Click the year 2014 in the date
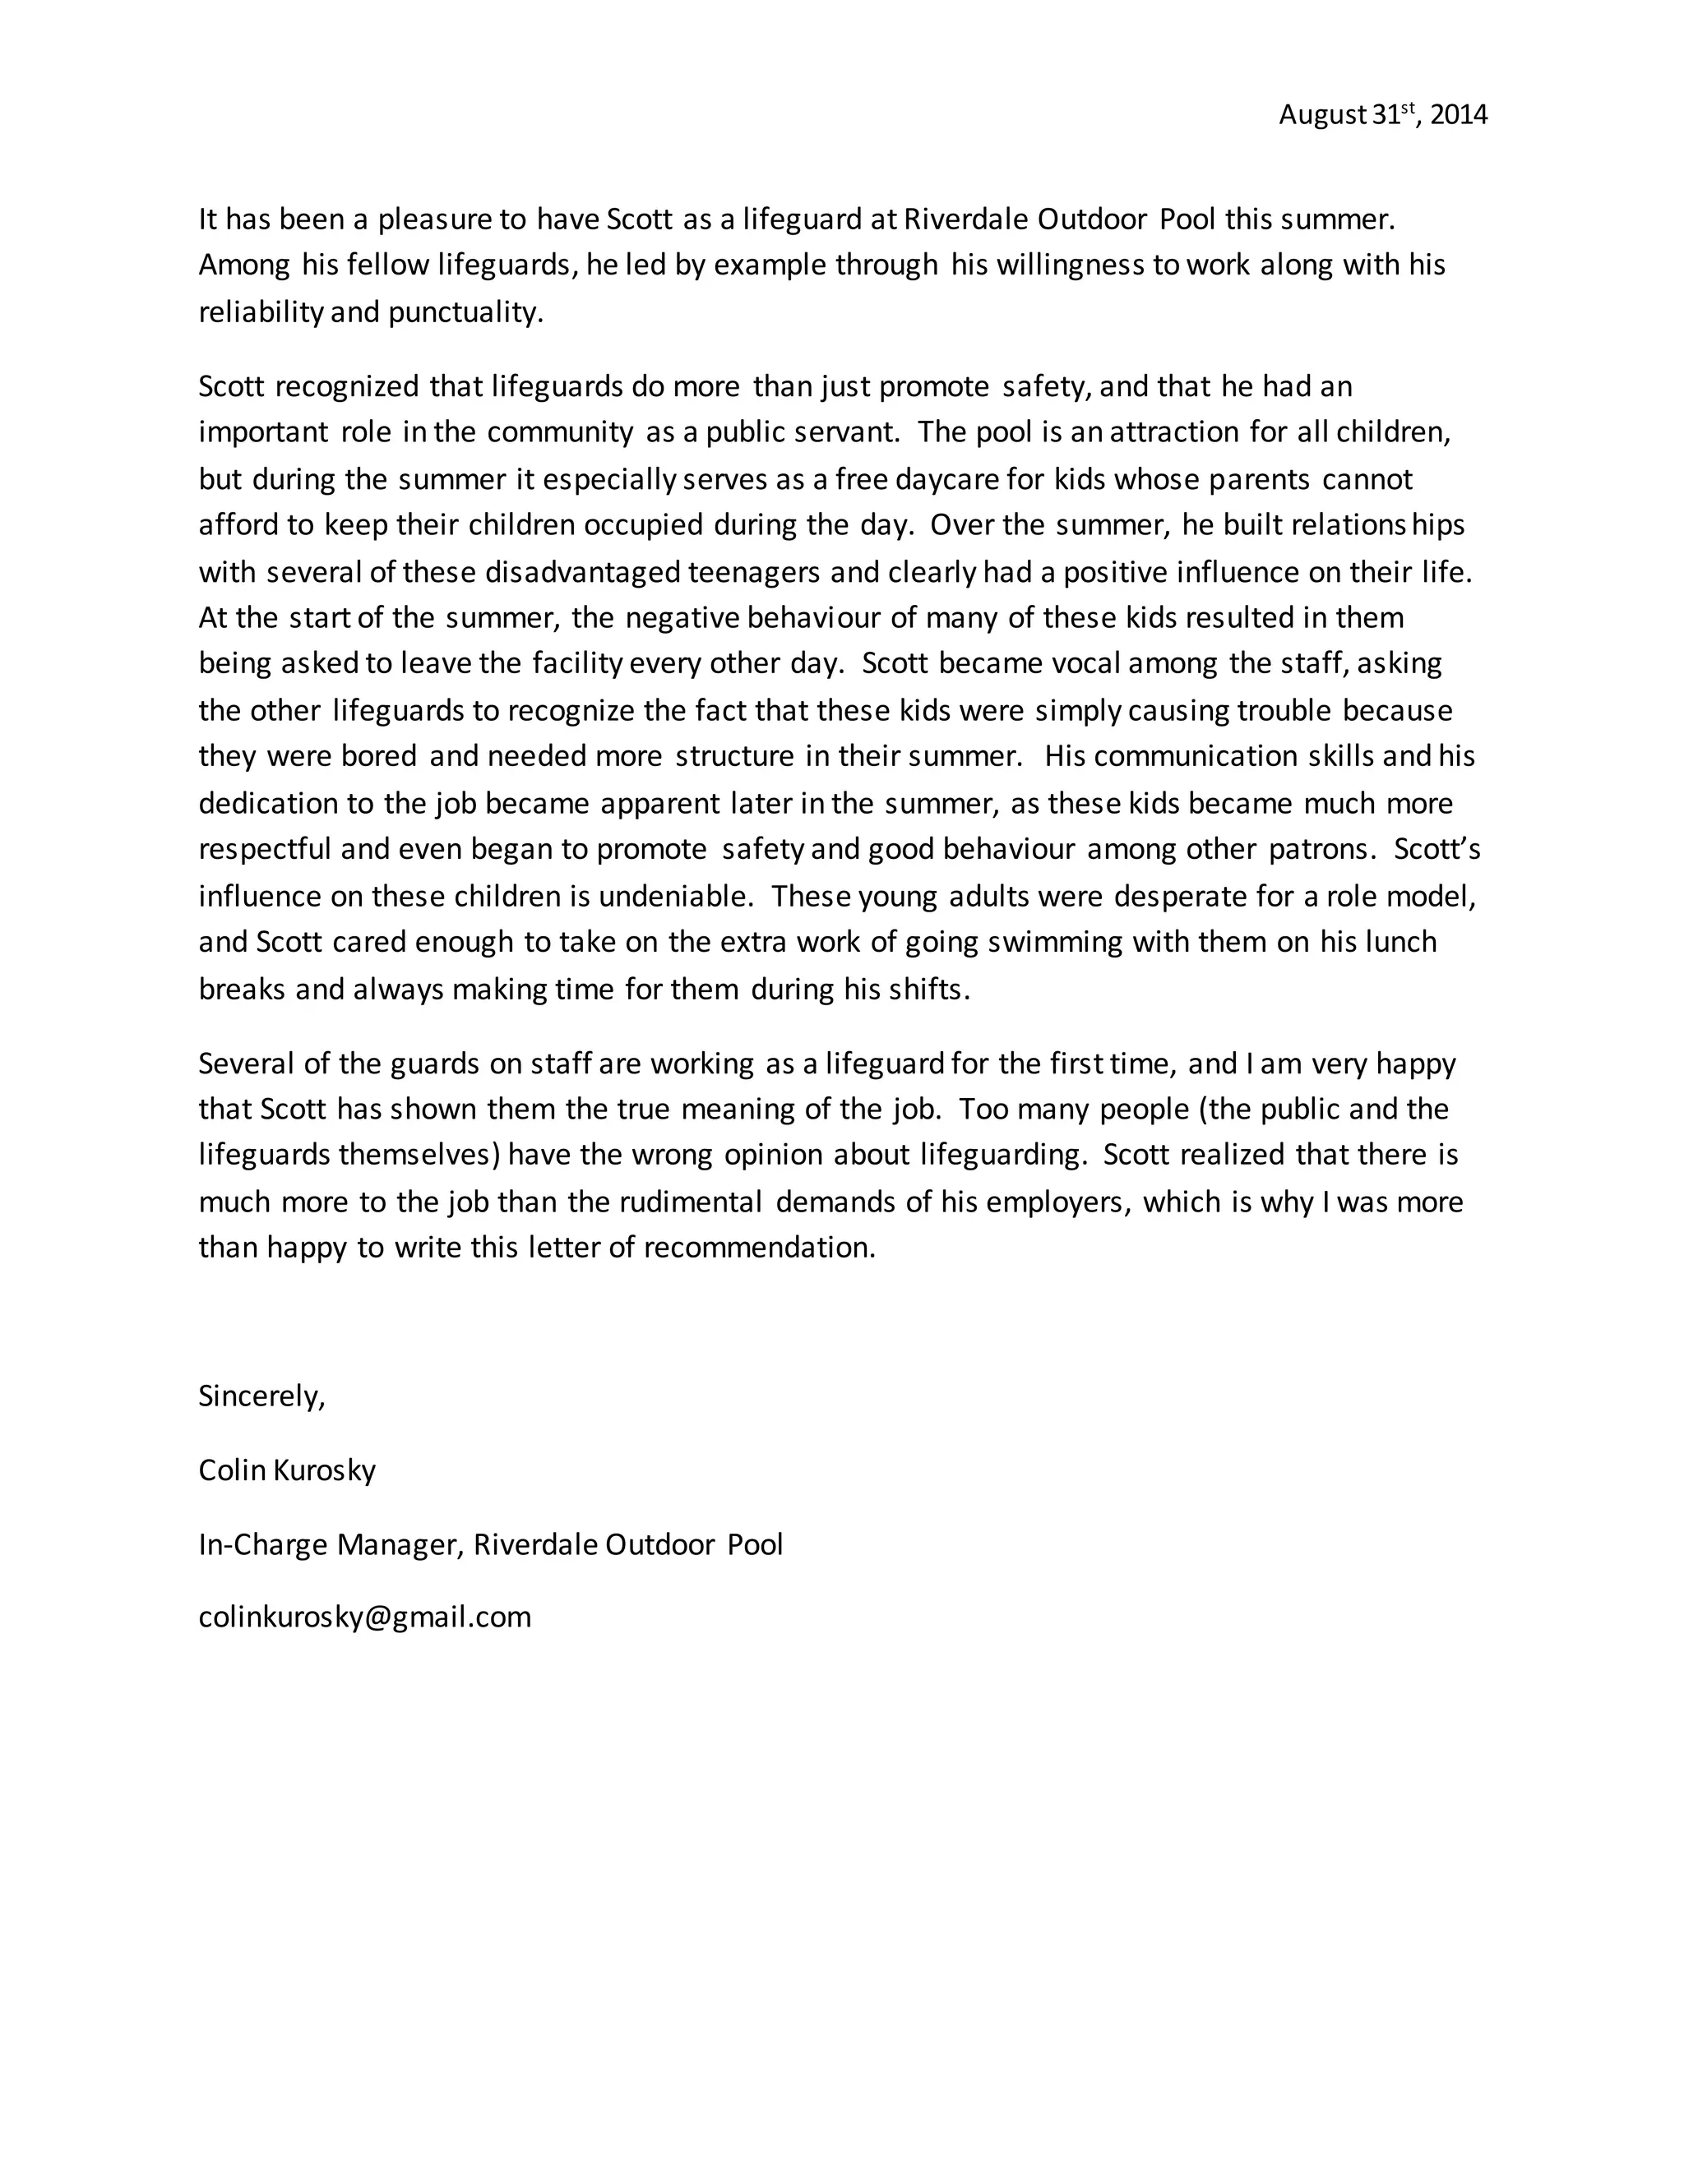tap(1458, 116)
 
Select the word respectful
tap(266, 850)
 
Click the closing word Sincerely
tap(261, 1396)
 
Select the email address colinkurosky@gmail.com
tap(364, 1617)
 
